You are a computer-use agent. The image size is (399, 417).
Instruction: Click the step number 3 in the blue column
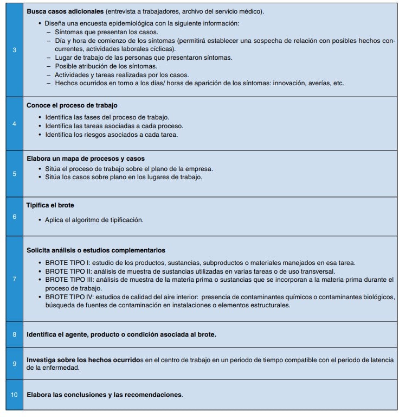point(14,50)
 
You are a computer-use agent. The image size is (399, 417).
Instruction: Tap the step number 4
point(14,123)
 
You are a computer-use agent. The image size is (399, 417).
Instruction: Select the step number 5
point(14,174)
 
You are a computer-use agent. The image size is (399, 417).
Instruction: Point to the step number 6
point(14,217)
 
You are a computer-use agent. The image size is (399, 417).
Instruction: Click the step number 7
point(14,279)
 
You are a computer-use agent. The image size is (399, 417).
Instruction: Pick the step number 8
point(14,334)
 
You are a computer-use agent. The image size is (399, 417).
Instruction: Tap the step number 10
point(14,394)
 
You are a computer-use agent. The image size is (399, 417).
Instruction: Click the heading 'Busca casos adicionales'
point(65,11)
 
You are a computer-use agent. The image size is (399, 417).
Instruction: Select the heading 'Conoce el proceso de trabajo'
point(72,105)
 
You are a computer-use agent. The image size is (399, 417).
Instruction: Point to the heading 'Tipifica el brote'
point(50,206)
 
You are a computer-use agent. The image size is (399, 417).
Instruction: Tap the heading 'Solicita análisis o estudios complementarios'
point(96,250)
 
